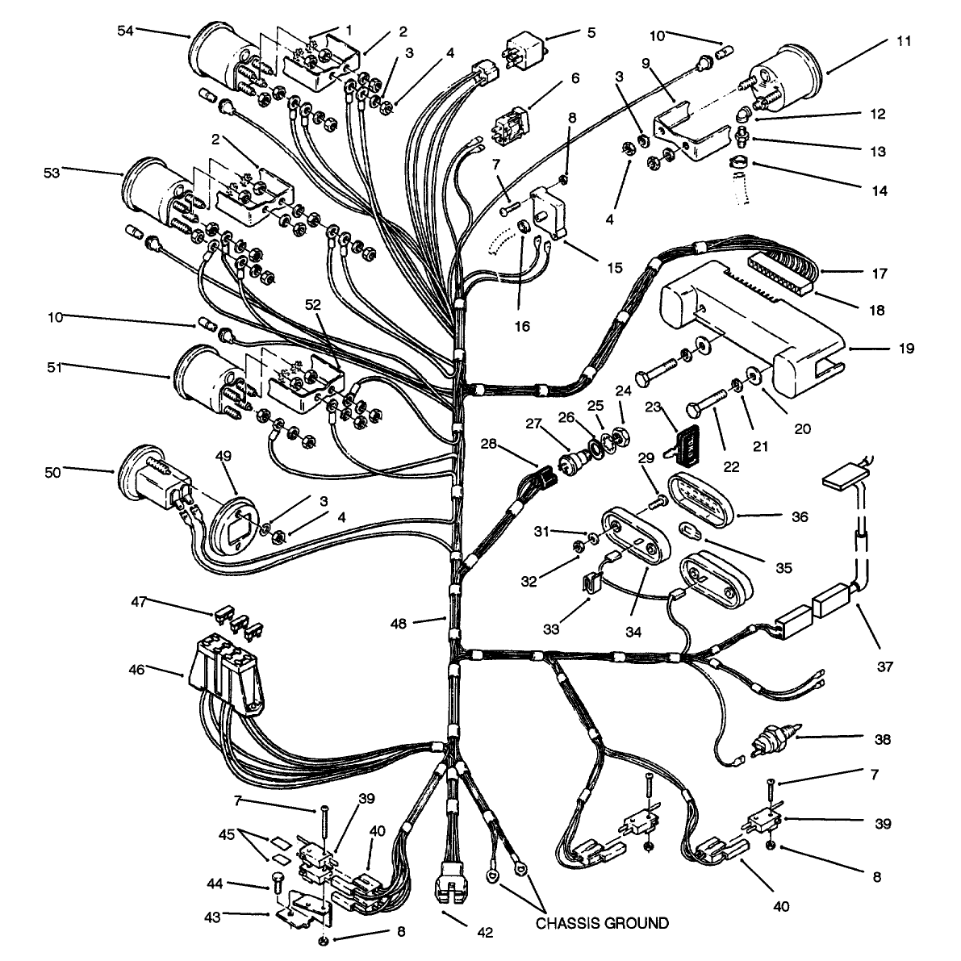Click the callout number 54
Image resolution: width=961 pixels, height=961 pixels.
(125, 31)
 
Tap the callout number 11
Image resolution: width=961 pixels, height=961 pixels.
(904, 42)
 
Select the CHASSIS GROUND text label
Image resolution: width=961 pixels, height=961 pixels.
(603, 923)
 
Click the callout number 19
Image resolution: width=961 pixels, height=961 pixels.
(906, 349)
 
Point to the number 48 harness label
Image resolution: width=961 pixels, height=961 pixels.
(399, 624)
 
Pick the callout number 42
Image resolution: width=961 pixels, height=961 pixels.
(485, 933)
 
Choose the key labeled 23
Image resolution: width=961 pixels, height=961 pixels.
(681, 444)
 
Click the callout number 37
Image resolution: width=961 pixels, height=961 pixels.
(885, 666)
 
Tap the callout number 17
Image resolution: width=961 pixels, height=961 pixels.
(880, 274)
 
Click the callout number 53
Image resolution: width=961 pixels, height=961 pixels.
(52, 173)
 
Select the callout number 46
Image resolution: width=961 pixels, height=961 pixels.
(136, 669)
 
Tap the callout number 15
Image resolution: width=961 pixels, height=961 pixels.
(614, 268)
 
